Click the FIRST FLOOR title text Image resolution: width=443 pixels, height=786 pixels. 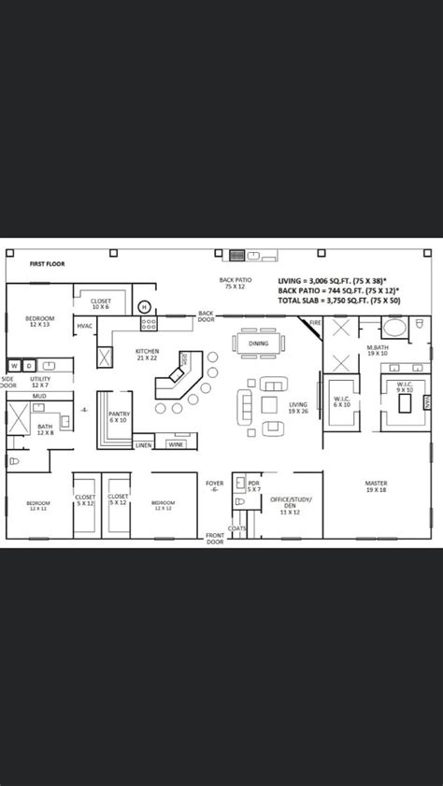click(46, 264)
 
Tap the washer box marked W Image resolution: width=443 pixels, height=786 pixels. click(14, 365)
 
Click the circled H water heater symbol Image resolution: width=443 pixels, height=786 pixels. click(144, 305)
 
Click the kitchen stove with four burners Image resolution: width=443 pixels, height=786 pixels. click(148, 324)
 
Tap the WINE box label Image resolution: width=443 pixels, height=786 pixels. click(176, 444)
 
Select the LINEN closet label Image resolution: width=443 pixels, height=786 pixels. click(143, 445)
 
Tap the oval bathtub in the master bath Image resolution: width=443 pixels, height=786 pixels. click(393, 329)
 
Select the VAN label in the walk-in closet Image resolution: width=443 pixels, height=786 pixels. click(426, 401)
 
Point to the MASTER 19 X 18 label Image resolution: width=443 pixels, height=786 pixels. click(376, 485)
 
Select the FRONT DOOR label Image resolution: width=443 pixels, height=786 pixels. click(216, 539)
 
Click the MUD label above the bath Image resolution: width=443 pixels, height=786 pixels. click(39, 396)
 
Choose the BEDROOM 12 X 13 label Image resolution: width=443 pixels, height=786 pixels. click(40, 321)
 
